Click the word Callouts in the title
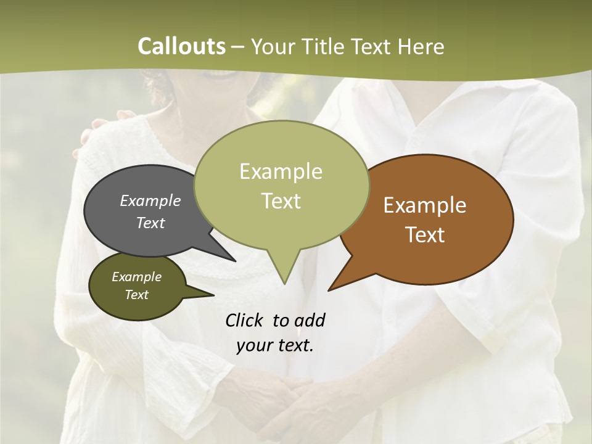[181, 46]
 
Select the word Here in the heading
[419, 46]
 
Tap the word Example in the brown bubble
[425, 205]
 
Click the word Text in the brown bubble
[425, 235]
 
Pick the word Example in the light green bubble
[281, 171]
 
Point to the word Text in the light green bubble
[281, 201]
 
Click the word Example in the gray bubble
[150, 200]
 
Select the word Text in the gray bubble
[150, 223]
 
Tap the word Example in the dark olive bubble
[137, 277]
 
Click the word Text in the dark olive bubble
[137, 295]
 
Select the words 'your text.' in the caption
[275, 345]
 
